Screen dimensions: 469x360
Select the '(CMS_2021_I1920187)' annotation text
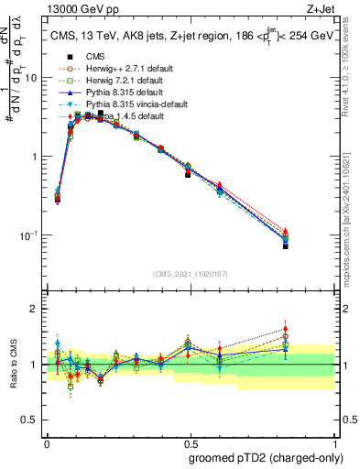click(x=191, y=274)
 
